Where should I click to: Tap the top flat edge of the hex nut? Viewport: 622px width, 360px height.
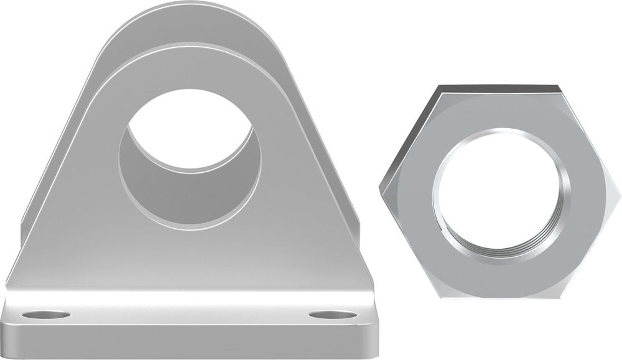click(x=498, y=88)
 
